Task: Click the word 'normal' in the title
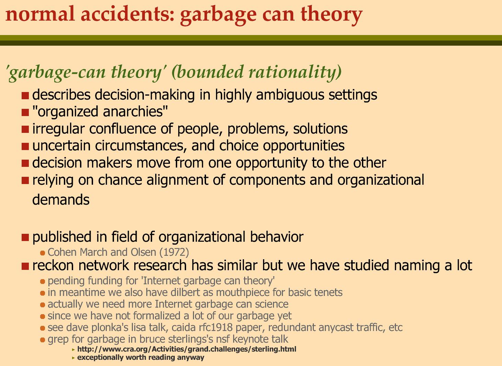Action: tap(40, 14)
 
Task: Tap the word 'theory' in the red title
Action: tap(331, 16)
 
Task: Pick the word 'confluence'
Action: tap(123, 129)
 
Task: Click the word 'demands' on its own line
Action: tap(61, 200)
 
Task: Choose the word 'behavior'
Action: tap(276, 237)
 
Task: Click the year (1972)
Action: tap(174, 252)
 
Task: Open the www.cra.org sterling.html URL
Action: tap(187, 349)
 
